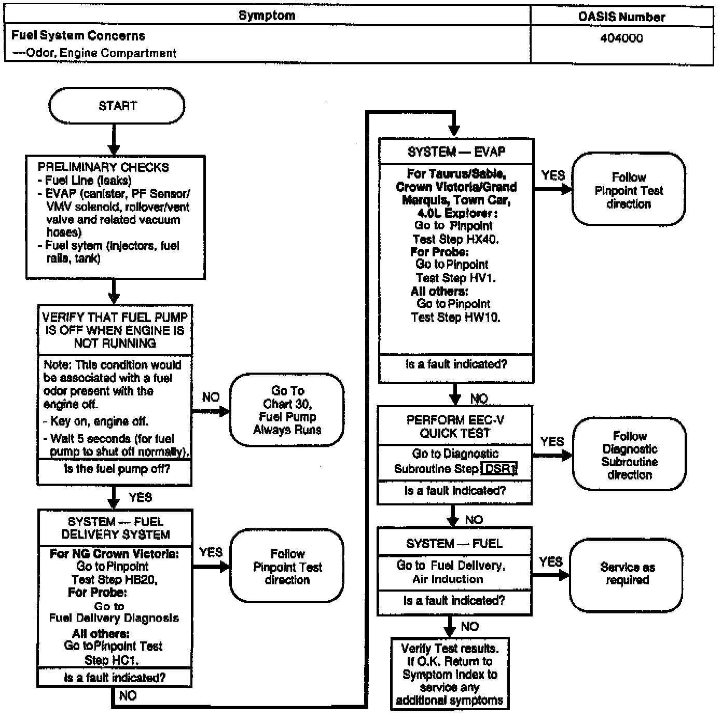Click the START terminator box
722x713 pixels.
[x=117, y=106]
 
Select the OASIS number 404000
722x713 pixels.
[x=621, y=38]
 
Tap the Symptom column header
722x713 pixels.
[x=267, y=16]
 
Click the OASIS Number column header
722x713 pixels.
[x=621, y=17]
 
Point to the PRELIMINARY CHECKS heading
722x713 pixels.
[x=103, y=168]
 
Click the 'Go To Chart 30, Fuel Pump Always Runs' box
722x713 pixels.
[x=287, y=410]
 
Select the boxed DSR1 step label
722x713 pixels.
[x=499, y=469]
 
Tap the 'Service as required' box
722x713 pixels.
[x=627, y=574]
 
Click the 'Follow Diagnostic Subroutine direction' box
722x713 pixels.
[x=629, y=455]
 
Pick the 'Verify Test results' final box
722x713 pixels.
[x=450, y=674]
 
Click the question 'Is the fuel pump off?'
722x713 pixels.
[x=117, y=470]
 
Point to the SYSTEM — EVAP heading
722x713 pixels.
[x=456, y=152]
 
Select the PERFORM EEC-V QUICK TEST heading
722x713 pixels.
[x=455, y=427]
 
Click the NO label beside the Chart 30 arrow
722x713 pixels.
[x=211, y=397]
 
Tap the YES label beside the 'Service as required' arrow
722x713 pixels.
[x=550, y=562]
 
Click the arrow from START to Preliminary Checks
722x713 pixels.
[x=114, y=139]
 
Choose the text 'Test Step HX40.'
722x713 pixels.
[x=455, y=239]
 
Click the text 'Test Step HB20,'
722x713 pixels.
[x=114, y=580]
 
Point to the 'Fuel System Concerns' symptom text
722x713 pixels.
[x=78, y=36]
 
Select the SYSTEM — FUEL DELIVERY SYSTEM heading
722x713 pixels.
[x=115, y=528]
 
